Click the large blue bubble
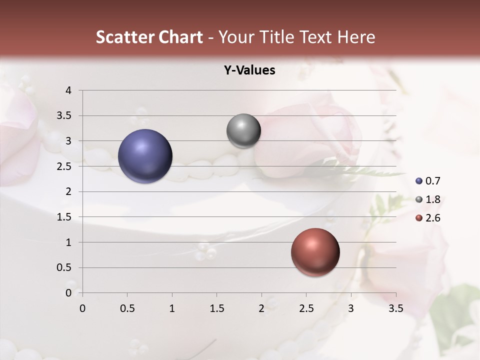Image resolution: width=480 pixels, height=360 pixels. tap(145, 156)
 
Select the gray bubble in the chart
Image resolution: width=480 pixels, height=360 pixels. tap(243, 131)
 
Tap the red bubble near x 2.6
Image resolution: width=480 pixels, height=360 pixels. tap(315, 252)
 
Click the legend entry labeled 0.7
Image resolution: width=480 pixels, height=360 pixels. tap(427, 181)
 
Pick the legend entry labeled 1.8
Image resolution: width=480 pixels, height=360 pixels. tap(427, 199)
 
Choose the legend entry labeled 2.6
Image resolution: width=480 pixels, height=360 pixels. tap(427, 218)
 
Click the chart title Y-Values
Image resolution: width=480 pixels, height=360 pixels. tap(249, 70)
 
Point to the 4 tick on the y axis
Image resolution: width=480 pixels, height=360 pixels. tap(68, 90)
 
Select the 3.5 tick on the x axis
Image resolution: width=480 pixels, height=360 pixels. tap(395, 308)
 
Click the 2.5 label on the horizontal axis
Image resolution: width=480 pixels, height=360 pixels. tap(306, 308)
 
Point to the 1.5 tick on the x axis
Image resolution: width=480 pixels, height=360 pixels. tap(216, 308)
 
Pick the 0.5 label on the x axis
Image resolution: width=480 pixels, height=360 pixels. tap(127, 308)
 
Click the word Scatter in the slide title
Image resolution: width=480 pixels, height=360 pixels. tap(123, 37)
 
